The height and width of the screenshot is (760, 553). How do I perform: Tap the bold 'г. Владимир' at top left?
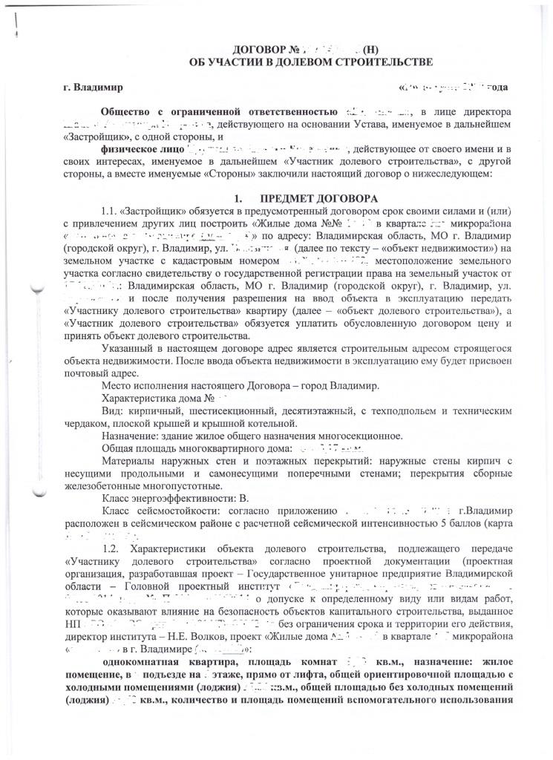tap(94, 88)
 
